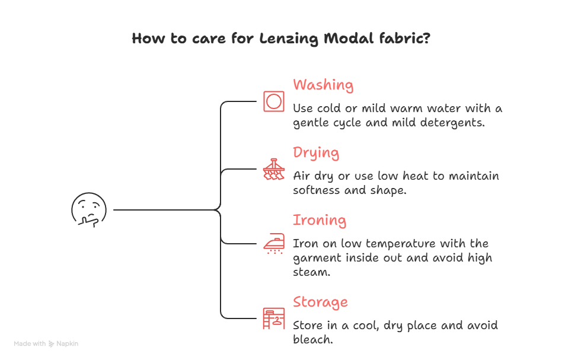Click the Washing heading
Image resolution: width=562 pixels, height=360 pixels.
pyautogui.click(x=323, y=85)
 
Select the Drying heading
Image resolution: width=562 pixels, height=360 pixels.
pyautogui.click(x=316, y=153)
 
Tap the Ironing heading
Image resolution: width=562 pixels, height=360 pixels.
pyautogui.click(x=320, y=220)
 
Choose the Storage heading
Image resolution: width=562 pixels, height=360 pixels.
pyautogui.click(x=320, y=302)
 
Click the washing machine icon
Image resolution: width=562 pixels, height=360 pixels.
pyautogui.click(x=273, y=101)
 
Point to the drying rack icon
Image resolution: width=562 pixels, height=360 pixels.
pyautogui.click(x=273, y=170)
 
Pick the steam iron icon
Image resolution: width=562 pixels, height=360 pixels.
pyautogui.click(x=273, y=243)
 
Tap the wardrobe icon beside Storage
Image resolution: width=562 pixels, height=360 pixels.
pyautogui.click(x=273, y=318)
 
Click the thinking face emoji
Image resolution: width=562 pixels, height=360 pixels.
pyautogui.click(x=89, y=210)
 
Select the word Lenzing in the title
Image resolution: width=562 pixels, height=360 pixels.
pyautogui.click(x=289, y=39)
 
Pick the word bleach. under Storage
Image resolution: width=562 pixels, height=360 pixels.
pyautogui.click(x=312, y=340)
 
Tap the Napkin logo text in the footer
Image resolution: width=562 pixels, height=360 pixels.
pyautogui.click(x=67, y=344)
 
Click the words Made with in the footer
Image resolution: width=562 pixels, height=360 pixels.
pyautogui.click(x=30, y=344)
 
